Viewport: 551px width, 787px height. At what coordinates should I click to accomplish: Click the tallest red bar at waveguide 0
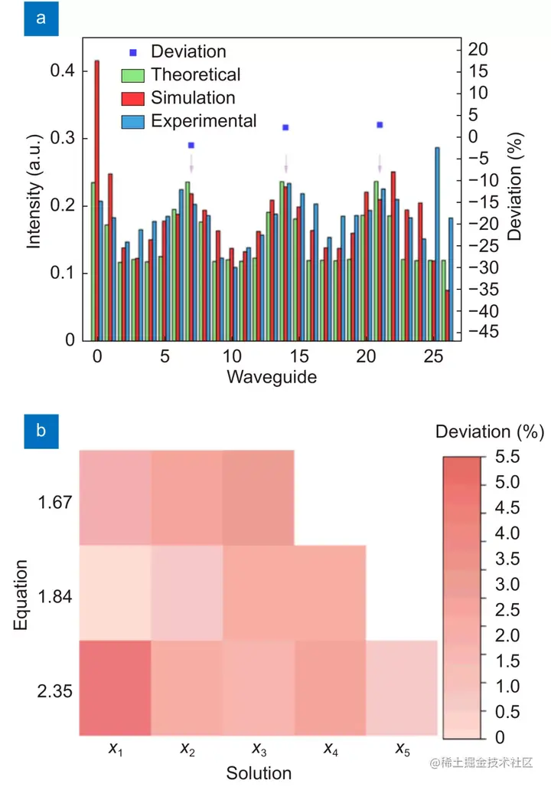tap(96, 199)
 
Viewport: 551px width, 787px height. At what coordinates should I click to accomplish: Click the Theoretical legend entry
tap(195, 75)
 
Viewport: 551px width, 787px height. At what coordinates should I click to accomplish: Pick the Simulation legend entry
tap(193, 98)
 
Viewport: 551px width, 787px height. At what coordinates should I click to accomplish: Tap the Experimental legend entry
tap(204, 121)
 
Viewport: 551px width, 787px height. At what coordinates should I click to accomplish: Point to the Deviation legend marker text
tap(188, 52)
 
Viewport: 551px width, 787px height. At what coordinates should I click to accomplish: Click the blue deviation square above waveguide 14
tap(285, 127)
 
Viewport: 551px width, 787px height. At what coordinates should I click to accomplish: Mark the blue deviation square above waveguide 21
tap(380, 125)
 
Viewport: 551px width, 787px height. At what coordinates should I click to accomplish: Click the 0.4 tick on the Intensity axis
tap(63, 71)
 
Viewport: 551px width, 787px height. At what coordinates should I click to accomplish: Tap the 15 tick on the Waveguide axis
tap(299, 357)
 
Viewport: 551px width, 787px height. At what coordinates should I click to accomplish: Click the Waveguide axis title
tap(272, 377)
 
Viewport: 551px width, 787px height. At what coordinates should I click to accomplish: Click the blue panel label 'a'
tap(41, 20)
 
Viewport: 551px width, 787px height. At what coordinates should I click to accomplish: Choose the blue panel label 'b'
tap(41, 431)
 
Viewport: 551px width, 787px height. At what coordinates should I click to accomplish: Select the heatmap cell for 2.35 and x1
tap(115, 688)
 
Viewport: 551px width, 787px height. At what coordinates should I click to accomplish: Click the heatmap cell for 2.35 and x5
tap(402, 688)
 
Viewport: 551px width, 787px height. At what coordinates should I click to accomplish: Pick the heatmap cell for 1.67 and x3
tap(259, 498)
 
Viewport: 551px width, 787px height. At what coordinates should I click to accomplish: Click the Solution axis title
tap(259, 773)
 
